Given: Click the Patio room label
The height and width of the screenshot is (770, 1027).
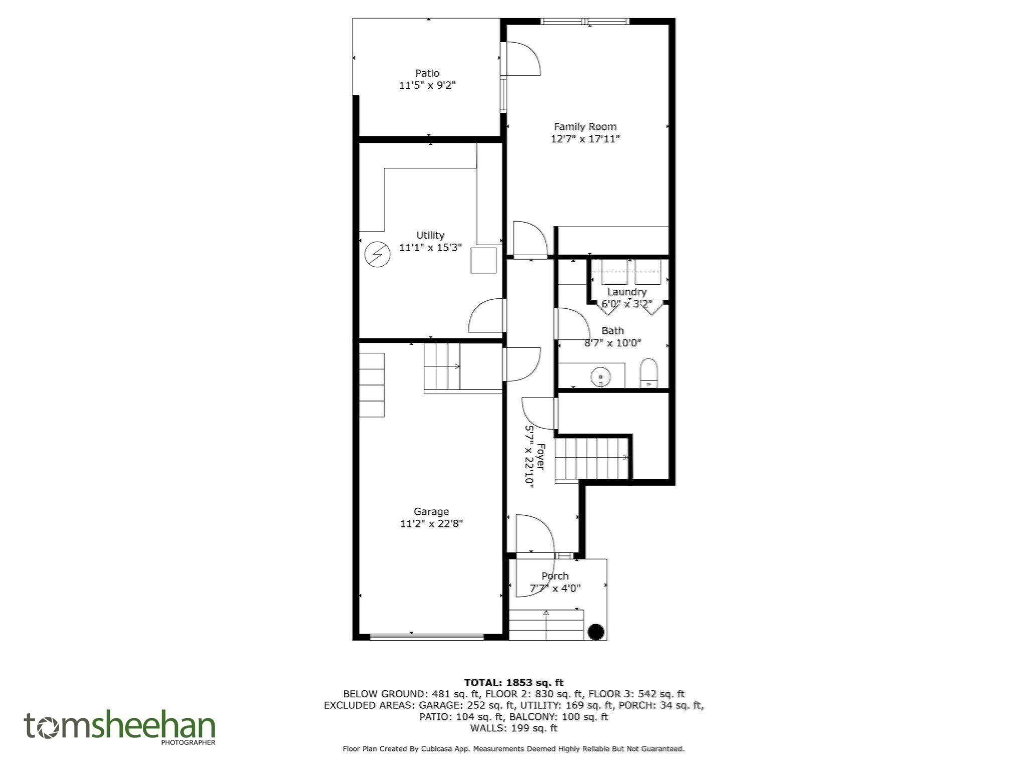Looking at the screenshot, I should pyautogui.click(x=427, y=73).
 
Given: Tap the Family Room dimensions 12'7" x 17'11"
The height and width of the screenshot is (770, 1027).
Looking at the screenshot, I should pyautogui.click(x=585, y=139).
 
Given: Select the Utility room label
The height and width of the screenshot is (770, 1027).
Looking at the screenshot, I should pyautogui.click(x=430, y=235).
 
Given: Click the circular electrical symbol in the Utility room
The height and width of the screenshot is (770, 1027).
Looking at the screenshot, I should pyautogui.click(x=377, y=255).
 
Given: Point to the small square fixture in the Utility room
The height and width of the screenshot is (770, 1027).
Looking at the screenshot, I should pyautogui.click(x=483, y=260).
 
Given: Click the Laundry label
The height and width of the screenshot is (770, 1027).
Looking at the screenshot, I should pyautogui.click(x=626, y=292).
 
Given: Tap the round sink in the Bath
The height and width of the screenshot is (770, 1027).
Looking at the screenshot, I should pyautogui.click(x=600, y=376).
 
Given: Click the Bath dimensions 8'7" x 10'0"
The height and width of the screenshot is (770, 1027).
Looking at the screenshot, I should pyautogui.click(x=613, y=343).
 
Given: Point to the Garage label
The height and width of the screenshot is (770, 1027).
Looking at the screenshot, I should pyautogui.click(x=431, y=511).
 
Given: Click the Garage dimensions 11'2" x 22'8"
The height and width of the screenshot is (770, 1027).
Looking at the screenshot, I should pyautogui.click(x=431, y=524).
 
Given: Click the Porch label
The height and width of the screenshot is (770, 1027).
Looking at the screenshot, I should pyautogui.click(x=555, y=576).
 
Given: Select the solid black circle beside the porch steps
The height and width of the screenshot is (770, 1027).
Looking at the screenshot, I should pyautogui.click(x=596, y=632).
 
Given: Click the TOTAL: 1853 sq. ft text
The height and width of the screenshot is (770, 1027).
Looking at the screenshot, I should pyautogui.click(x=513, y=682).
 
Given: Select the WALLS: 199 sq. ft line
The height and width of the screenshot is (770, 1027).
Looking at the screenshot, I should pyautogui.click(x=513, y=728).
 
